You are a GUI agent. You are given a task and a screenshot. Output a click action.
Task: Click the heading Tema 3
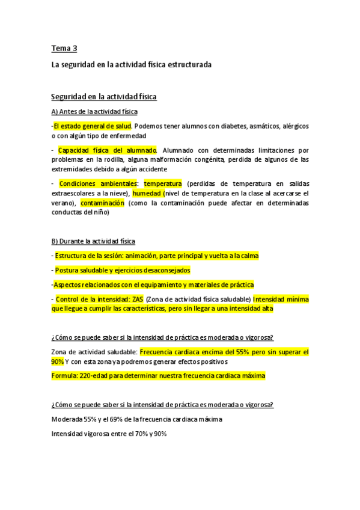pyautogui.click(x=64, y=48)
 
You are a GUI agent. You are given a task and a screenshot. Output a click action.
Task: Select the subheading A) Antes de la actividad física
pyautogui.click(x=94, y=112)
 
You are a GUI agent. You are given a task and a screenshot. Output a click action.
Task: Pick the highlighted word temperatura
pyautogui.click(x=163, y=183)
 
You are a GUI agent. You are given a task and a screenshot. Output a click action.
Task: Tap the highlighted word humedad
pyautogui.click(x=147, y=194)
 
